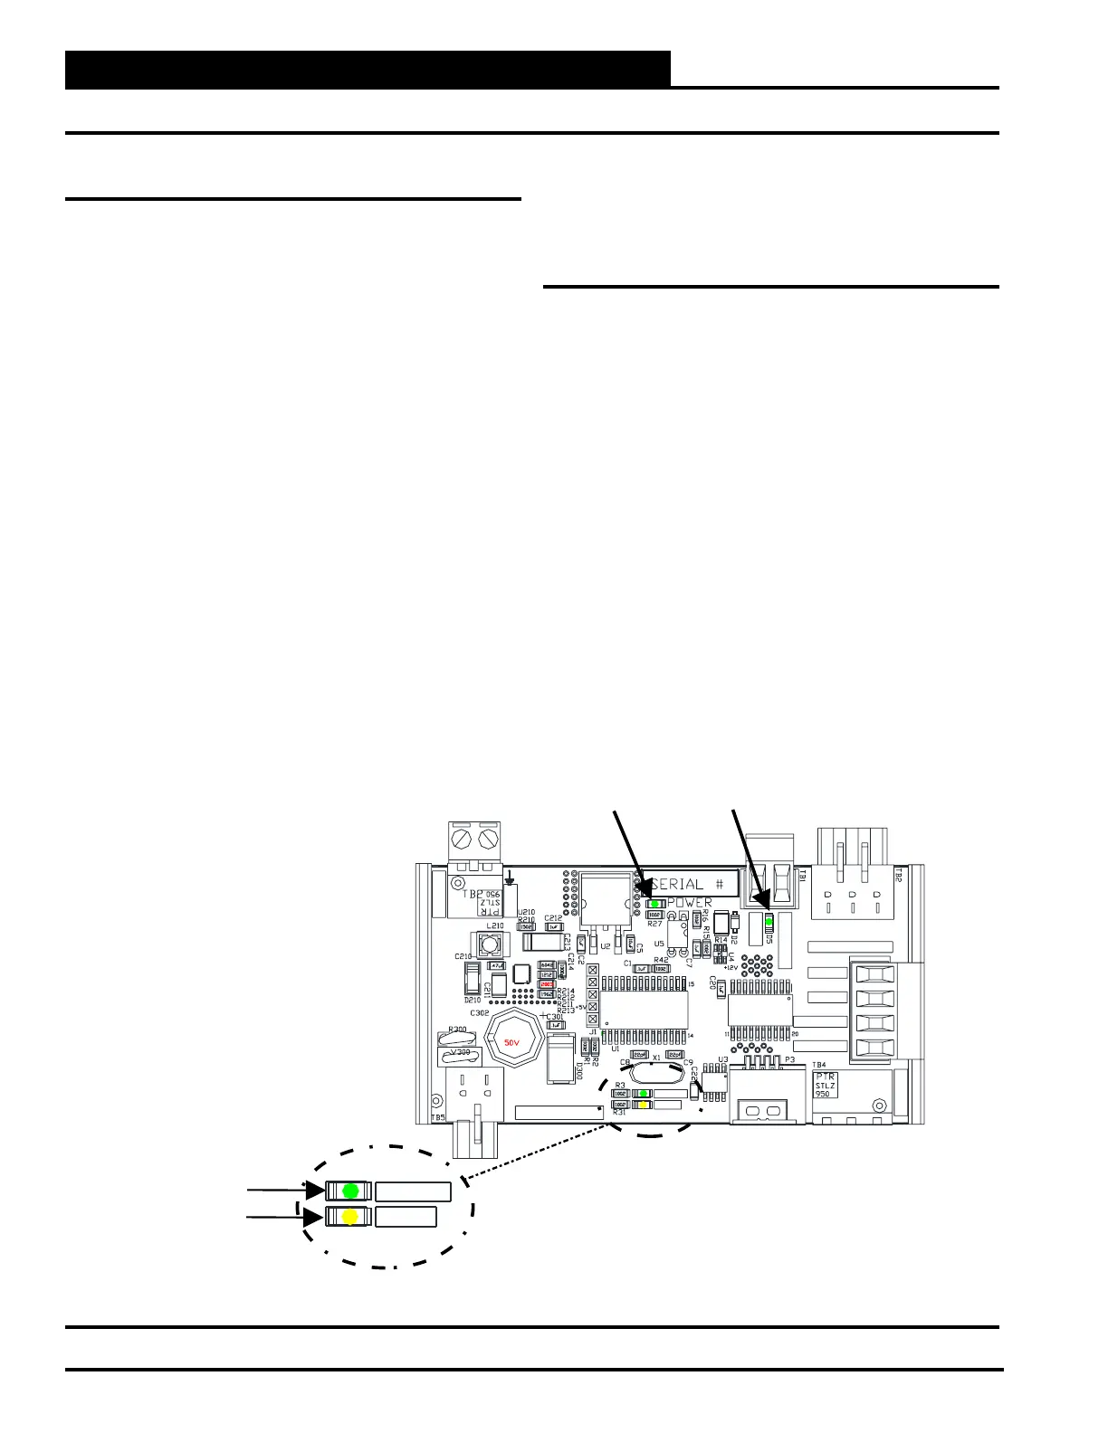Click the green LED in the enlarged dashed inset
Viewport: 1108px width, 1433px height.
coord(351,1190)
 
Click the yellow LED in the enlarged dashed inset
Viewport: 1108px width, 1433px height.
coord(350,1217)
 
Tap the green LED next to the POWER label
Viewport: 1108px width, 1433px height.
coord(654,903)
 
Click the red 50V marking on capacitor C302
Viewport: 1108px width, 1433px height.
coord(511,1042)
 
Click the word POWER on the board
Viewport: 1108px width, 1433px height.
coord(690,903)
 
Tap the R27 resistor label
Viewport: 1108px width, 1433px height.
coord(655,924)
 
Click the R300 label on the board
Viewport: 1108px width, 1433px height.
coord(457,1030)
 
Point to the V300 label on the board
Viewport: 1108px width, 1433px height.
coord(460,1052)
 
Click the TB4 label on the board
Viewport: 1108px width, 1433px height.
coord(819,1064)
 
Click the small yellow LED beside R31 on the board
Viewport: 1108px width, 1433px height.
coord(643,1105)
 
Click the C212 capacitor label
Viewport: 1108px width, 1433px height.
coord(553,918)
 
